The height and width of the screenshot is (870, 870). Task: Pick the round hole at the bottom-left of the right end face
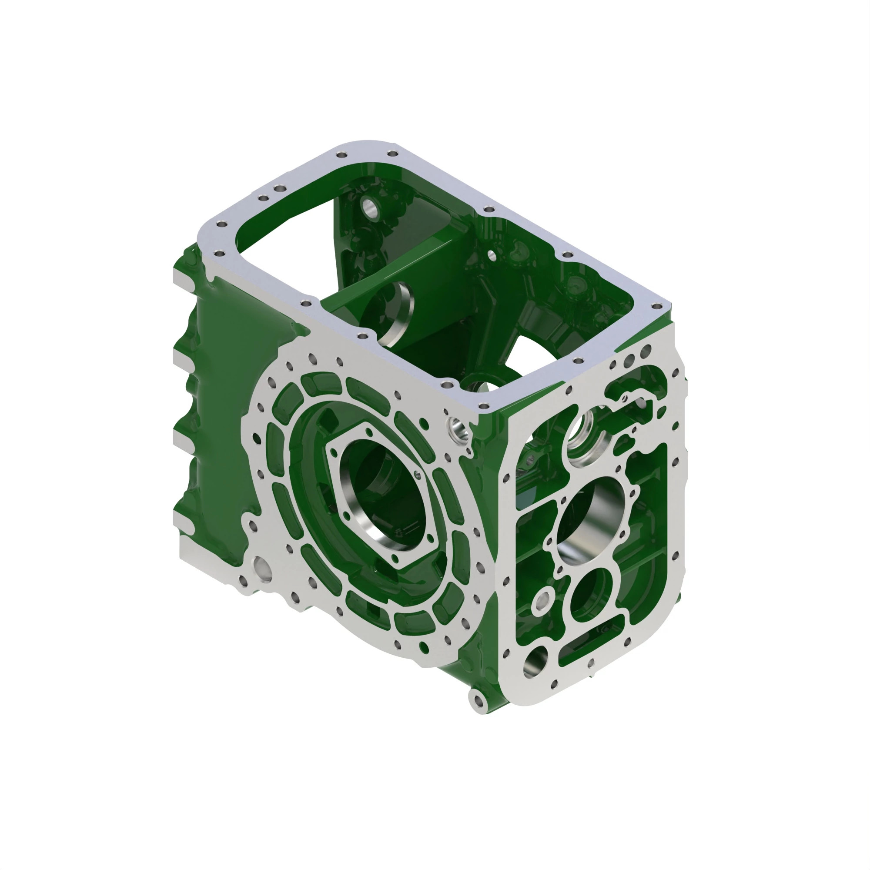pyautogui.click(x=536, y=662)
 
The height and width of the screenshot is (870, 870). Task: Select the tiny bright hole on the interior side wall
pyautogui.click(x=492, y=256)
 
